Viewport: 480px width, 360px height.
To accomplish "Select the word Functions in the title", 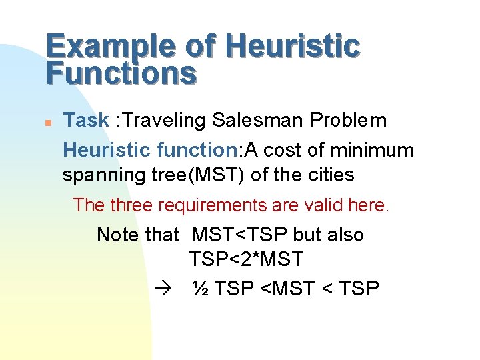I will point(122,74).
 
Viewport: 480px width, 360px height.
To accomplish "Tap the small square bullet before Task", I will point(49,123).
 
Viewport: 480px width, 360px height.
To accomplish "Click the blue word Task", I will point(85,121).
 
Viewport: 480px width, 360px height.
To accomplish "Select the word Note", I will point(118,235).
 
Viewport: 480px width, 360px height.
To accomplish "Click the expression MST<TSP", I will point(240,235).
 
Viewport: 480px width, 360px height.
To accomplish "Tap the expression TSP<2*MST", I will point(246,259).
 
